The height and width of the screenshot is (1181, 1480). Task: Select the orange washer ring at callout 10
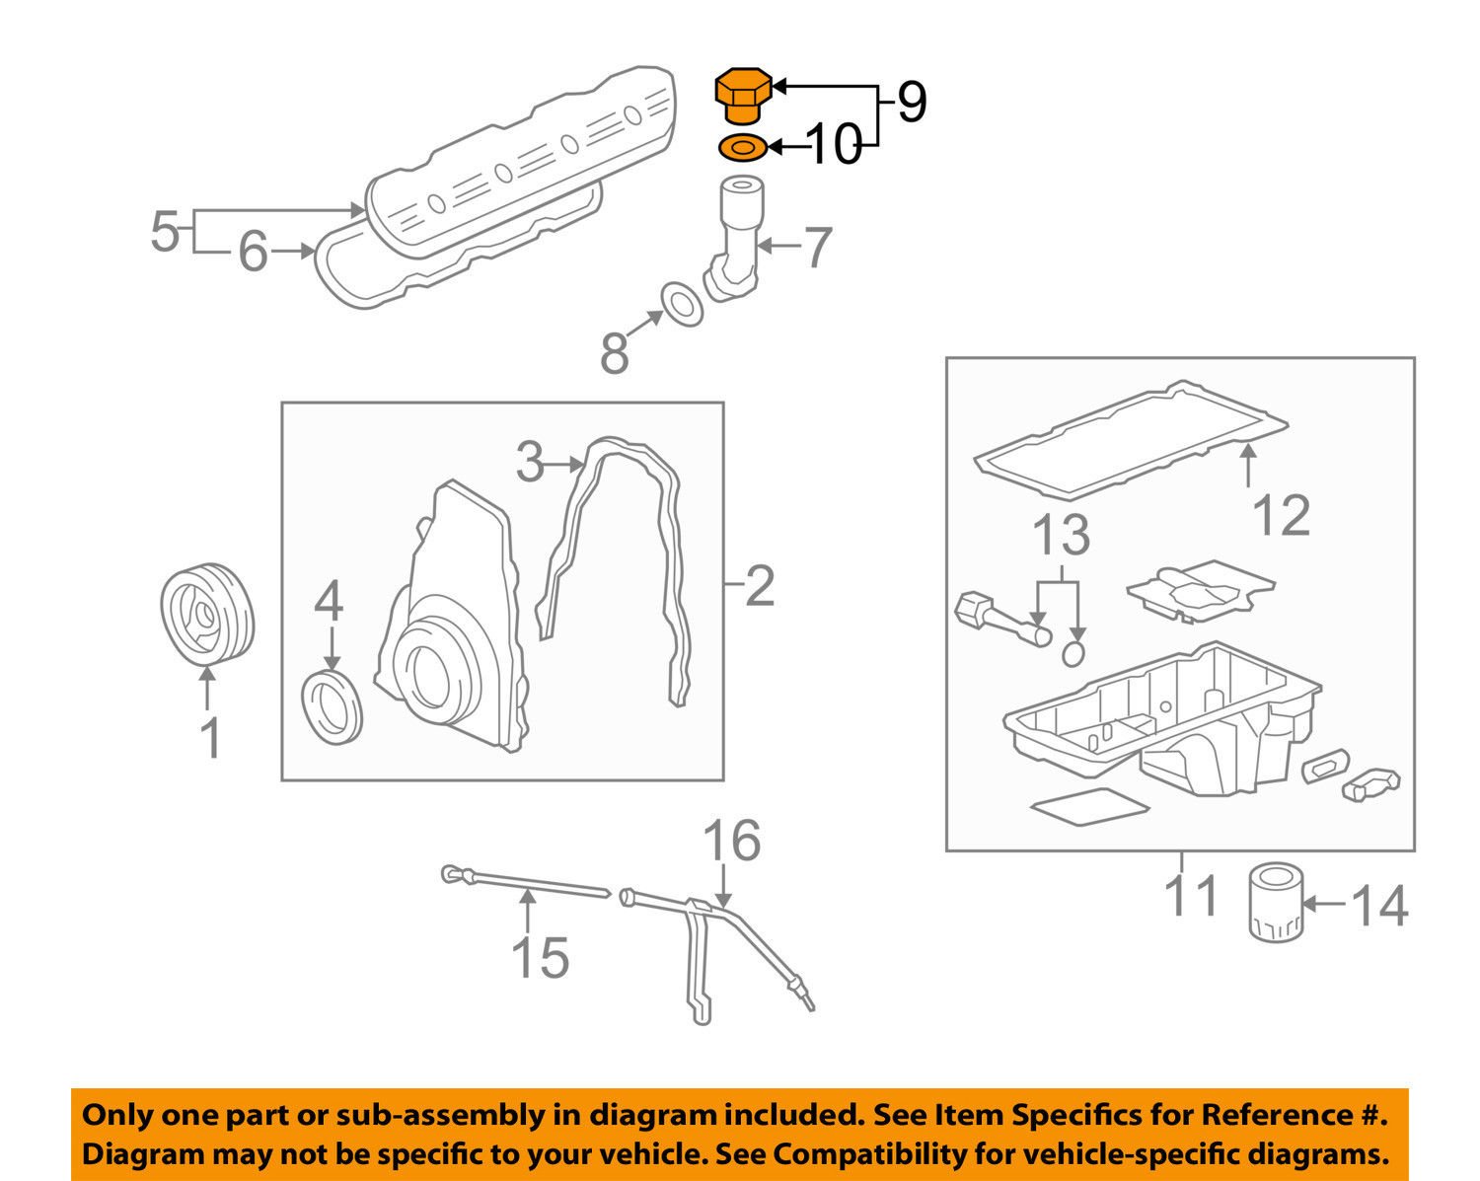point(741,148)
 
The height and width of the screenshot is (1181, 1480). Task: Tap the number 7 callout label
point(816,248)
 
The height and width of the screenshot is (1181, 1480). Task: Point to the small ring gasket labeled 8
point(681,303)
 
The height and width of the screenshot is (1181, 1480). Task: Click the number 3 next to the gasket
point(530,462)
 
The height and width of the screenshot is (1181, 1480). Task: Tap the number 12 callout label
point(1282,515)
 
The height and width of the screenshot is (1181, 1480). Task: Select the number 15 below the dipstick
point(540,958)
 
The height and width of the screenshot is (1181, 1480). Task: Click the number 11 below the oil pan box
point(1191,895)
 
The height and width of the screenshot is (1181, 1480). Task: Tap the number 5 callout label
point(165,234)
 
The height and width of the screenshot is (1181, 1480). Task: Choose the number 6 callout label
point(253,253)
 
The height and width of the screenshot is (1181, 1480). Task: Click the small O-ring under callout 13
point(1074,652)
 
